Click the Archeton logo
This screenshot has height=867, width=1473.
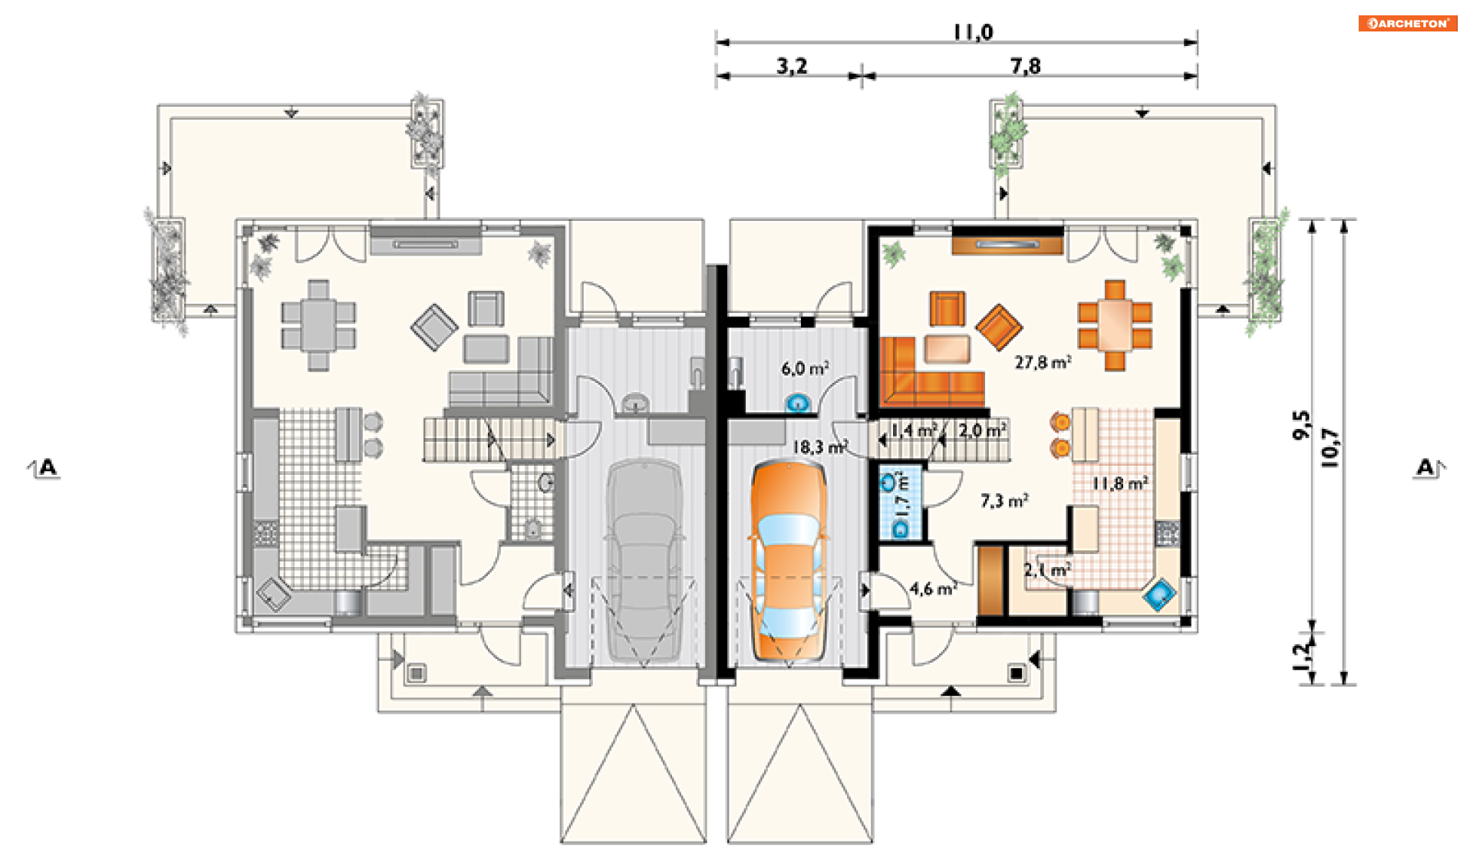point(1407,23)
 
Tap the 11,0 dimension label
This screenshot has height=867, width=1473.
point(973,32)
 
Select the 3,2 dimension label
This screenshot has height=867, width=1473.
point(792,66)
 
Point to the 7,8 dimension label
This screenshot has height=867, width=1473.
point(1026,66)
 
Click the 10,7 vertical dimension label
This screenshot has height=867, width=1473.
point(1330,447)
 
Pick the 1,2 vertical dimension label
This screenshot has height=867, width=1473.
point(1302,656)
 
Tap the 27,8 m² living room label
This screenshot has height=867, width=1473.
point(1043,362)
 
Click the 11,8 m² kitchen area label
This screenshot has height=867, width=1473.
point(1120,483)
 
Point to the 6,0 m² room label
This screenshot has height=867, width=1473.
point(805,368)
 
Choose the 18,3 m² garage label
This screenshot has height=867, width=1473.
point(819,447)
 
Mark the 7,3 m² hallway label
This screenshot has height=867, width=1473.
point(1004,501)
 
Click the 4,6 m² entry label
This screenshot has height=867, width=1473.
point(933,588)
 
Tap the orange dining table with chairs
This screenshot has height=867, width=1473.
point(1115,325)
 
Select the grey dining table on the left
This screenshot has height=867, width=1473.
point(318,325)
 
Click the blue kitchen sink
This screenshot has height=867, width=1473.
point(1159,595)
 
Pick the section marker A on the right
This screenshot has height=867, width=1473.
point(1427,466)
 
